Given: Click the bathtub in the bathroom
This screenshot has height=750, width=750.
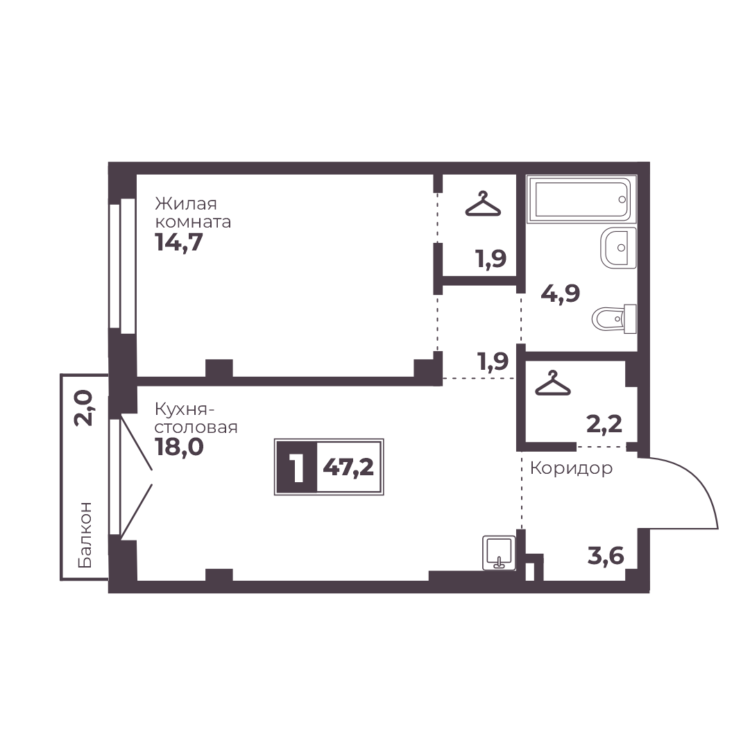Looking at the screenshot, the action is pos(581,199).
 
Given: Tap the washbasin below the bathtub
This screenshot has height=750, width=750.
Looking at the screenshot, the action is pos(618,247).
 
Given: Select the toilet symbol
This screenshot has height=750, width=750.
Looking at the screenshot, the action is pos(615,318).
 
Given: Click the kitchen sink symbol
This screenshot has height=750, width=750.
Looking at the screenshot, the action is pos(499,553).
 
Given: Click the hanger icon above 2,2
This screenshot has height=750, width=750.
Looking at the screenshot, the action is pos(553,383).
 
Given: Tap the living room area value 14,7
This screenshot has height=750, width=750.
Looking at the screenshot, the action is pos(179,243).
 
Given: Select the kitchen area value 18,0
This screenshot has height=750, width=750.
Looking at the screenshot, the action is pos(179,448).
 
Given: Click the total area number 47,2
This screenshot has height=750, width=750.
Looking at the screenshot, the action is pos(348,467).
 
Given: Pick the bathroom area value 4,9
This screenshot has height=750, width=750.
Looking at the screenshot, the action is pos(560,293).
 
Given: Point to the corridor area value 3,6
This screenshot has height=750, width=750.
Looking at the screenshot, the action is pos(606,556).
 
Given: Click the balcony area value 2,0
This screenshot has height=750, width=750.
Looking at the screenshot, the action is pos(83,407).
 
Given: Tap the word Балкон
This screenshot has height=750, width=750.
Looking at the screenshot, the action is pos(85,535).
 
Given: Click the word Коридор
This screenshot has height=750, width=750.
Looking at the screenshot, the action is pos(571,468).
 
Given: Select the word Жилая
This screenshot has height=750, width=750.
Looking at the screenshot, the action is pos(185,204).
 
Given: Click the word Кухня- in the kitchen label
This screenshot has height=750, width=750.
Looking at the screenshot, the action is pos(185,410).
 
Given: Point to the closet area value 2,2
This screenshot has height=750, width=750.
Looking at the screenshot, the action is pos(604,424).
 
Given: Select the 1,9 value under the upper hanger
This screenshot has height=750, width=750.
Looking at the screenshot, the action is pos(491,259).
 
